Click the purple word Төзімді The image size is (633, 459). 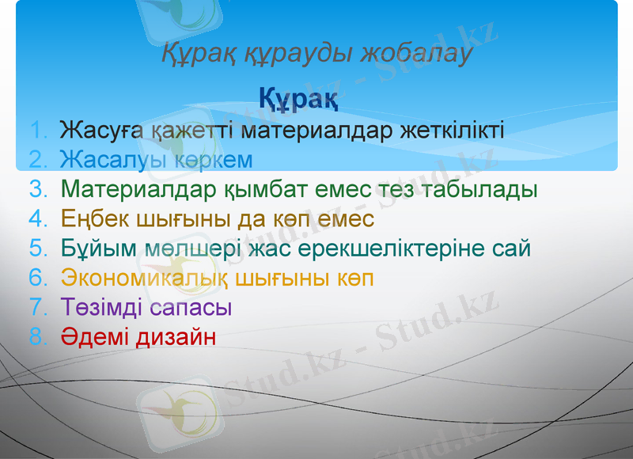point(99,307)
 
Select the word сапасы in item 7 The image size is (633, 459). point(187,307)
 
